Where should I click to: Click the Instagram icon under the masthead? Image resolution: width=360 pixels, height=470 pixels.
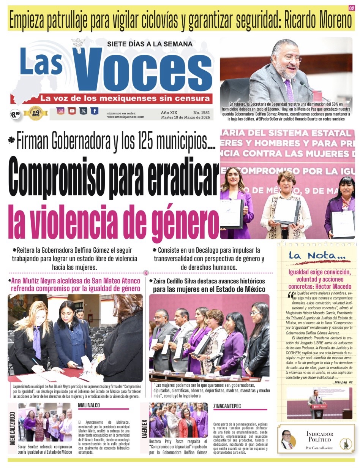60,111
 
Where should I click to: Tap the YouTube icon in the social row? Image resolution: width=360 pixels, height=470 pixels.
72,111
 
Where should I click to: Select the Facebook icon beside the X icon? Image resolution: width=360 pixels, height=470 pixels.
94,111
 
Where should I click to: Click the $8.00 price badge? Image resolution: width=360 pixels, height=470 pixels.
15,114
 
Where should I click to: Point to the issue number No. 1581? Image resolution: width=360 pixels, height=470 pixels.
201,112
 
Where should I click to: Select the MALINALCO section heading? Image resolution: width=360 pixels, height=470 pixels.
89,405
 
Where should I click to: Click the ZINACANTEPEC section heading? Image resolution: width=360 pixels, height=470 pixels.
227,406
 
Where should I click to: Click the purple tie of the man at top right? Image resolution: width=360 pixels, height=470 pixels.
289,90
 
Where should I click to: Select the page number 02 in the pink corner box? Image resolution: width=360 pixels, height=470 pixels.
351,8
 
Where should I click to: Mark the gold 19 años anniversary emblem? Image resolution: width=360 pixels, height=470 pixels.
35,113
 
